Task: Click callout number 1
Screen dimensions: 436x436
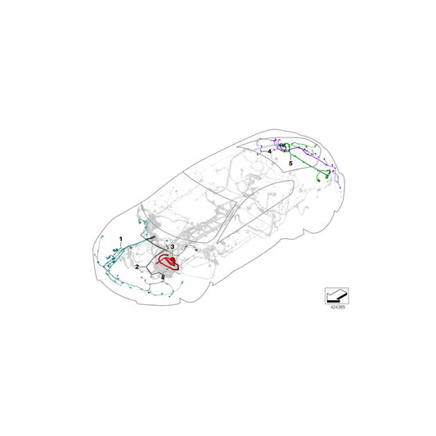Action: pos(121,238)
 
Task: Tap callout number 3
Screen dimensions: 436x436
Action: pos(173,246)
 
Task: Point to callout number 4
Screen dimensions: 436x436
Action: pos(269,152)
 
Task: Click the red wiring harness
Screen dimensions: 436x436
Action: pos(171,262)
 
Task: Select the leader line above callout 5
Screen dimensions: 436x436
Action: pos(290,155)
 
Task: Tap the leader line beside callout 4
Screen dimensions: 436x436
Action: pos(276,149)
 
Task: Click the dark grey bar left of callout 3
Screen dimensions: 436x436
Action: pos(155,240)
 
